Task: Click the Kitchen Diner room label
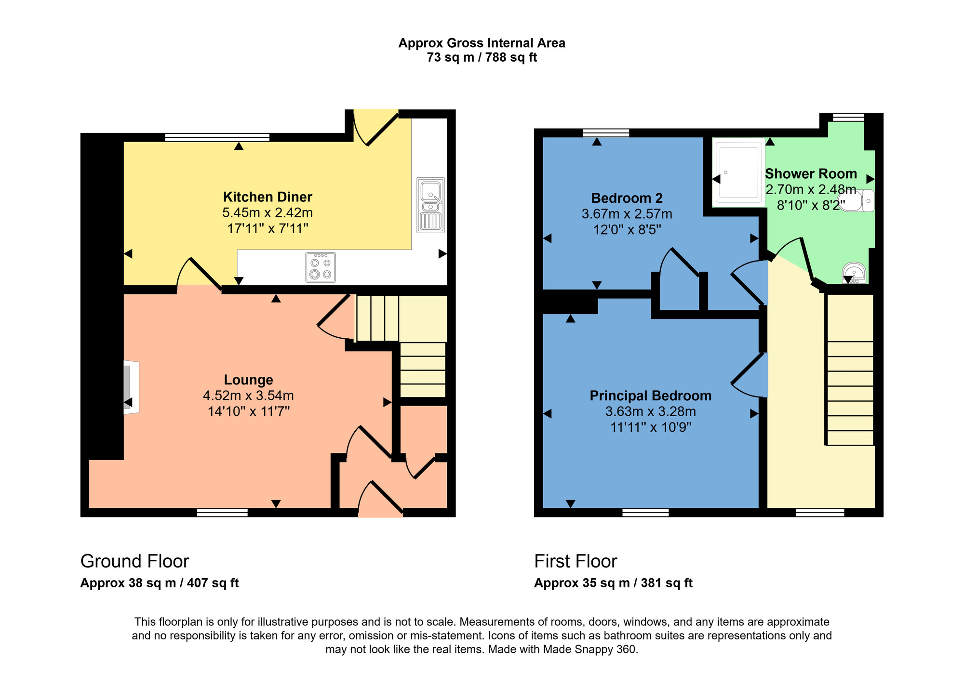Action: coord(268,197)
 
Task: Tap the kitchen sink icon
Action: coord(430,205)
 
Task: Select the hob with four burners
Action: coord(321,267)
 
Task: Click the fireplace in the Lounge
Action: coord(131,387)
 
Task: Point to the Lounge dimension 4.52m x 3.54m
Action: coord(248,396)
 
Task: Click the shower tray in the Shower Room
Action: coord(738,172)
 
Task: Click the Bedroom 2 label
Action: coord(627,198)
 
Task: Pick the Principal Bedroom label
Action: coord(650,396)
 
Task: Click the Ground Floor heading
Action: coord(134,561)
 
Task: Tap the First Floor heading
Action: coord(576,561)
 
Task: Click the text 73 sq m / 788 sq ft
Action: coord(482,57)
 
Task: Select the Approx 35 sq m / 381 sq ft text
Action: coord(613,583)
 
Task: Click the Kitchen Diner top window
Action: coord(217,137)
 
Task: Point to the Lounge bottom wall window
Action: coord(222,513)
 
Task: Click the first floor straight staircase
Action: coord(850,385)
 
